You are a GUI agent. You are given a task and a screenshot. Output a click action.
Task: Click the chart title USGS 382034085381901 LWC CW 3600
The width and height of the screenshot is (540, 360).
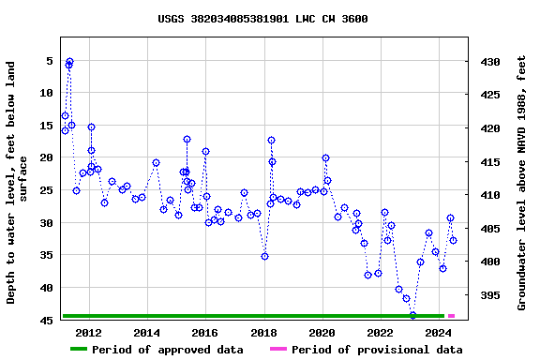coord(262,19)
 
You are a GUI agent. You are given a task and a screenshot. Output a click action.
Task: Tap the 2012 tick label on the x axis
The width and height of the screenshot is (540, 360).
coord(88,333)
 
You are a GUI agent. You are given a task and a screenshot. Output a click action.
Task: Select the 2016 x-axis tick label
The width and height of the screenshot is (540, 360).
coord(205,333)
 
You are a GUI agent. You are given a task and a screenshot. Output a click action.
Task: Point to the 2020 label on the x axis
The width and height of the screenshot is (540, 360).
coord(322,333)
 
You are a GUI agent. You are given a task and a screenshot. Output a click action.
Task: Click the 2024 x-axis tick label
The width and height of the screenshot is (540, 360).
coord(439,333)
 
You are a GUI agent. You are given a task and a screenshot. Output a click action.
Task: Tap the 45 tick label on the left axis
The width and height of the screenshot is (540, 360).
coord(44,321)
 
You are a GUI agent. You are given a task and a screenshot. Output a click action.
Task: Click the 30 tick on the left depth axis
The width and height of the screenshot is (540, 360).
coord(44,223)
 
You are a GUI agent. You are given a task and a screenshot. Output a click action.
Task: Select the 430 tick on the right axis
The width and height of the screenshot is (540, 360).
coord(491,62)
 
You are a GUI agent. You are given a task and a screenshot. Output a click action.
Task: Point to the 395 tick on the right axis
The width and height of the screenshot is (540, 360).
coord(491,295)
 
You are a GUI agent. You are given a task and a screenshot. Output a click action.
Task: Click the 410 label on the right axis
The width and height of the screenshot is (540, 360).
coord(491,195)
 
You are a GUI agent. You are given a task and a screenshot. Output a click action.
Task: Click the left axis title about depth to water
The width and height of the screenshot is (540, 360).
coord(18,182)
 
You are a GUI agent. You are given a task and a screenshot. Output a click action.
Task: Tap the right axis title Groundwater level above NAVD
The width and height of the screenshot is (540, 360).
coord(522,182)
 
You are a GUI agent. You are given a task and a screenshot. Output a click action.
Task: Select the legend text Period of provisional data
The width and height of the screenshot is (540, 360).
coord(376,350)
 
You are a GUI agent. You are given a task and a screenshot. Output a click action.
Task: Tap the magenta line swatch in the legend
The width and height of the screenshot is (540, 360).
coord(277,350)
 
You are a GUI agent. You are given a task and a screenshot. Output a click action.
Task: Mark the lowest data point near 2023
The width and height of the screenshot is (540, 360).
coord(412,315)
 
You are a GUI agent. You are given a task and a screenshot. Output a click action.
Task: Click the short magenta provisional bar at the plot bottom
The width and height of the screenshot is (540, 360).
coord(451,316)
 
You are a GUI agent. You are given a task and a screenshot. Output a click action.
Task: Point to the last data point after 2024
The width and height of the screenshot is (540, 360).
coord(453,240)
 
